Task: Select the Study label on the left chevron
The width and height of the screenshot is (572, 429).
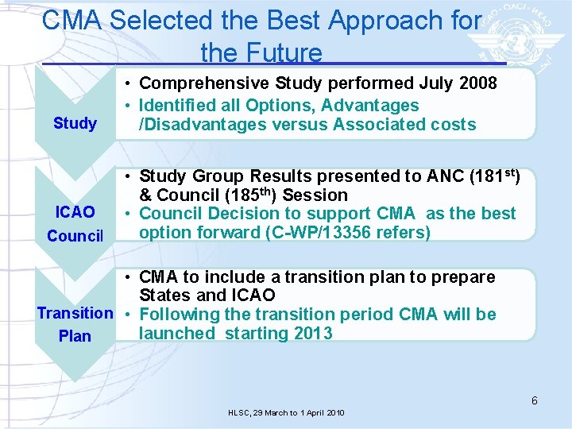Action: coord(75,123)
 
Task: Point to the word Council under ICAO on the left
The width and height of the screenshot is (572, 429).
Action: coord(75,236)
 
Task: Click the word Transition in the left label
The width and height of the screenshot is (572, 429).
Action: coord(75,314)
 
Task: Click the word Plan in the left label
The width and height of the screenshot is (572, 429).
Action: coord(75,336)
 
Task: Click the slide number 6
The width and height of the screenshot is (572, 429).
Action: coord(535,400)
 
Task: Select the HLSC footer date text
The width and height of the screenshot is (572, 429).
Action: coord(286,413)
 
